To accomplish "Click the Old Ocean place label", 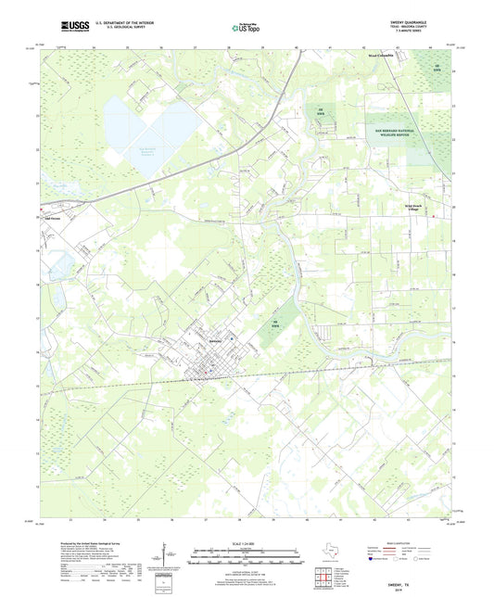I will point(55,219).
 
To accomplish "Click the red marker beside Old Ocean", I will point(44,219).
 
